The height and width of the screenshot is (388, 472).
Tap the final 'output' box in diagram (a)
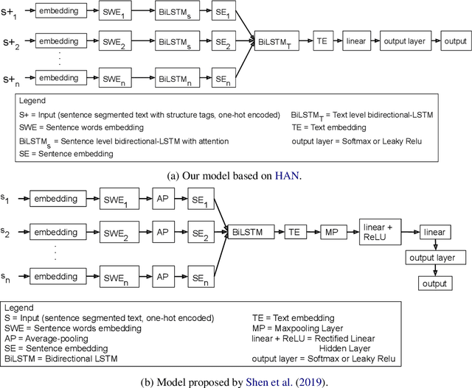pyautogui.click(x=454, y=41)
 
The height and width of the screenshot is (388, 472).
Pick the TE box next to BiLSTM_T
pyautogui.click(x=322, y=41)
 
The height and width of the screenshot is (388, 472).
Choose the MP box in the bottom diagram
pyautogui.click(x=332, y=230)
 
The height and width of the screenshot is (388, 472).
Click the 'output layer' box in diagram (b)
pyautogui.click(x=435, y=258)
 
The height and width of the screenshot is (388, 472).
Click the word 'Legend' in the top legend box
pyautogui.click(x=32, y=101)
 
